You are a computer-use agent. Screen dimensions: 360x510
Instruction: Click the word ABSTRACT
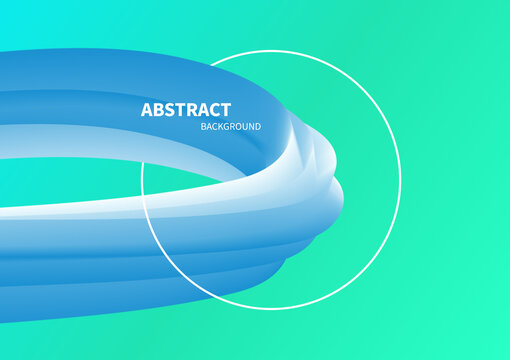pyautogui.click(x=186, y=110)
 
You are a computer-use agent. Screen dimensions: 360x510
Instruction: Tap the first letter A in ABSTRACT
pyautogui.click(x=147, y=110)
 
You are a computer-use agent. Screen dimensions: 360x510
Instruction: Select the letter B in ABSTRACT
pyautogui.click(x=158, y=110)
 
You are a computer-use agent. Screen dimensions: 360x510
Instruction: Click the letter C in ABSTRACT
pyautogui.click(x=214, y=110)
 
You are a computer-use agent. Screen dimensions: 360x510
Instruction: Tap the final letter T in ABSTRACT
pyautogui.click(x=226, y=110)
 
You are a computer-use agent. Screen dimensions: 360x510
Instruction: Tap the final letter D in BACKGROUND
pyautogui.click(x=257, y=127)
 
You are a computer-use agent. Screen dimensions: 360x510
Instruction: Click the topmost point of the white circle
pyautogui.click(x=271, y=51)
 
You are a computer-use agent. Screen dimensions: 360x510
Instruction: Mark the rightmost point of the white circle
pyautogui.click(x=400, y=180)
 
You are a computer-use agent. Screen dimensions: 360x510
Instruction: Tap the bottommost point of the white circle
pyautogui.click(x=271, y=308)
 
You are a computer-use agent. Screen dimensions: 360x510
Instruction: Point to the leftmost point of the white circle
pyautogui.click(x=142, y=180)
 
